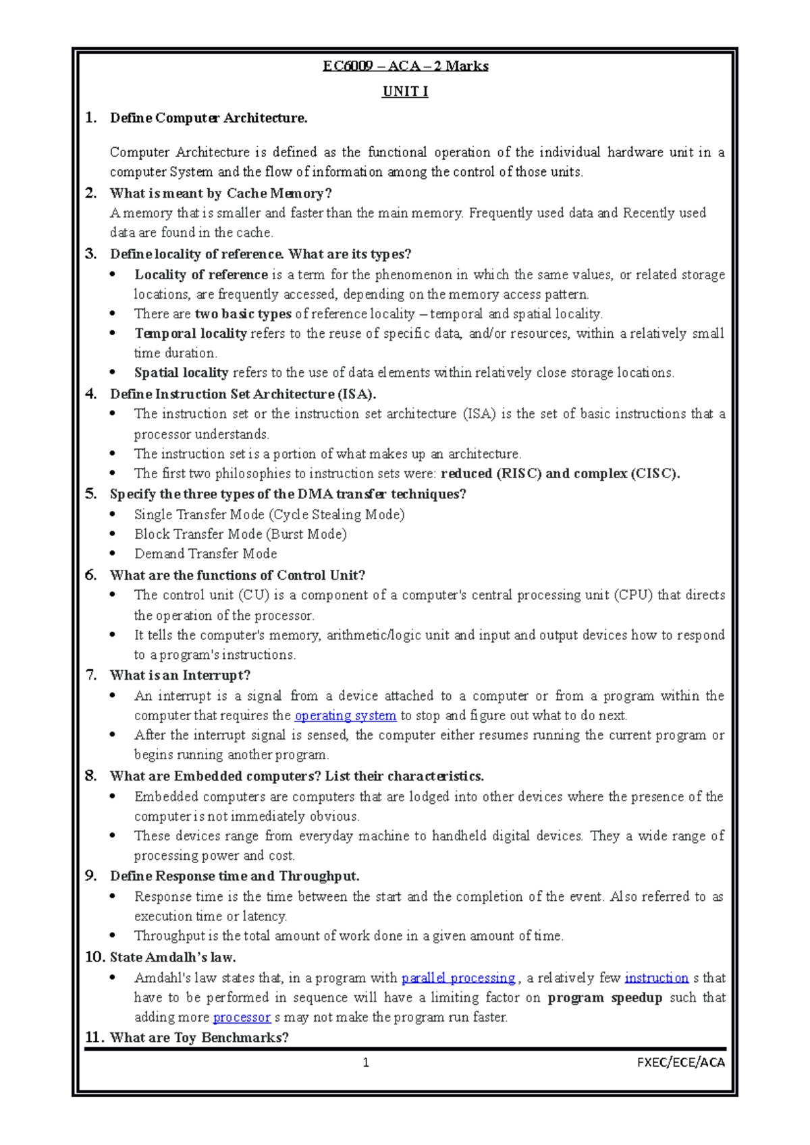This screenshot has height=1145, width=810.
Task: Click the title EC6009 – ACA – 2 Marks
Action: click(x=405, y=66)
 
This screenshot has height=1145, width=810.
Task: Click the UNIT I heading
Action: click(x=405, y=92)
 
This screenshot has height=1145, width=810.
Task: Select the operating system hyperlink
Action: click(x=345, y=715)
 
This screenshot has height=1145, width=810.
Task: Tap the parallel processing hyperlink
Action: click(x=458, y=978)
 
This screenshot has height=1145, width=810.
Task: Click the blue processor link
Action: click(x=242, y=1017)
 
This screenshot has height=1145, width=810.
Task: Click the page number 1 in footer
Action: click(x=366, y=1063)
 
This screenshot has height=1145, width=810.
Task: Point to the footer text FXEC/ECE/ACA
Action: click(x=680, y=1063)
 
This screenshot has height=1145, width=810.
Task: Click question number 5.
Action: click(x=90, y=494)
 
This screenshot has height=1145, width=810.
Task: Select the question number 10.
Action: click(x=94, y=957)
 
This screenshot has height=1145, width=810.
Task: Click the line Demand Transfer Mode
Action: click(x=205, y=554)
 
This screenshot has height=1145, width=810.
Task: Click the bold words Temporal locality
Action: click(x=190, y=333)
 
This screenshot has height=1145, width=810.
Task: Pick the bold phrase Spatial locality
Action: click(x=181, y=372)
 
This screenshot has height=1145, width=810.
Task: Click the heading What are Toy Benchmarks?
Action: click(x=199, y=1037)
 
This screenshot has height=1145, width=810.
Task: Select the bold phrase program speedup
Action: click(x=604, y=997)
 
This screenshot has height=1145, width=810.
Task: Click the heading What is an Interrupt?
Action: click(x=180, y=675)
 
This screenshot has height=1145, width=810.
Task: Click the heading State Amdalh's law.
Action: click(x=173, y=957)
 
